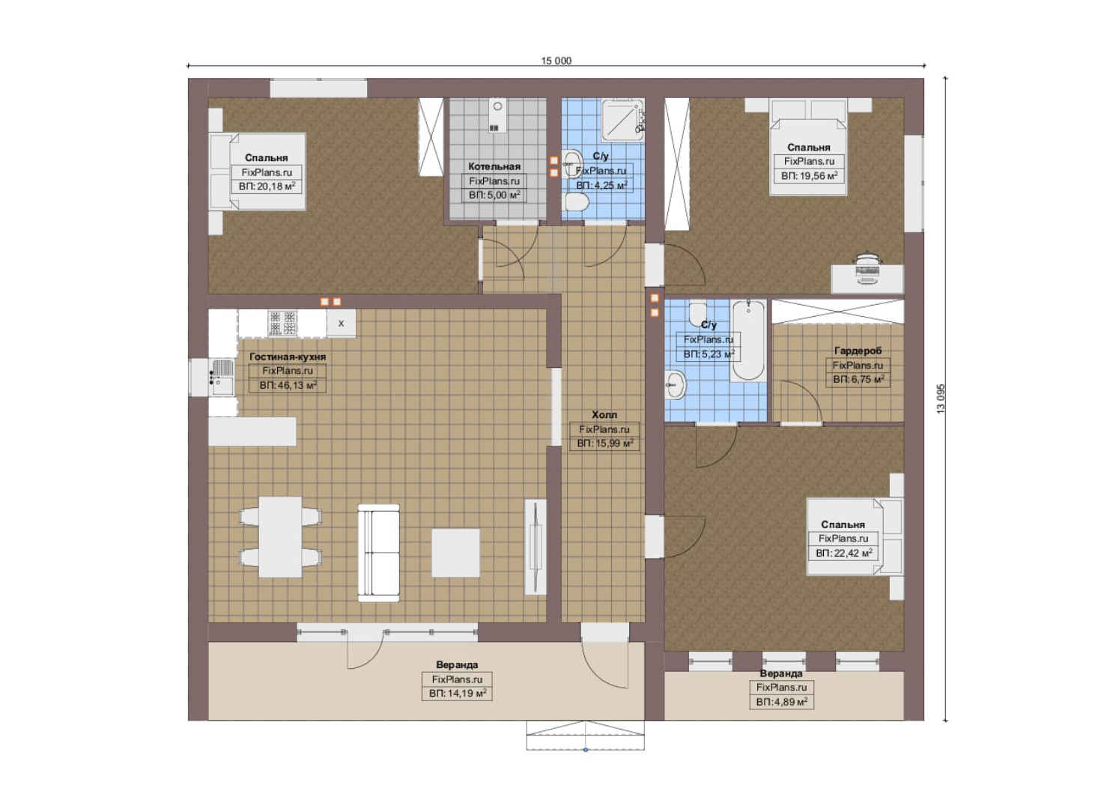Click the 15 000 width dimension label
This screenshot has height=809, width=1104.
click(556, 61)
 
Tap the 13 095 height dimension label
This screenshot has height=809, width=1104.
click(941, 399)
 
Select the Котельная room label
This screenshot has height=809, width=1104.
click(494, 166)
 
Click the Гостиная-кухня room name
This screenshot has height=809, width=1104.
click(288, 357)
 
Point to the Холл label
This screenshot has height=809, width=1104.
click(604, 414)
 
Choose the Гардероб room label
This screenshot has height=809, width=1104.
click(858, 351)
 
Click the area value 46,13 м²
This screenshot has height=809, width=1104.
click(288, 385)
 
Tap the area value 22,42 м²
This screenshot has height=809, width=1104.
click(843, 553)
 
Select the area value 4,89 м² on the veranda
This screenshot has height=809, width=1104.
click(781, 702)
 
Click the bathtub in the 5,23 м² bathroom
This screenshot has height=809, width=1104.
click(748, 340)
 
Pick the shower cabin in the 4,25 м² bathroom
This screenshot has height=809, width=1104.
click(622, 120)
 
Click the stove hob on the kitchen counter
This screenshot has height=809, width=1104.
click(282, 323)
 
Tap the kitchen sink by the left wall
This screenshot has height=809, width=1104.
click(222, 377)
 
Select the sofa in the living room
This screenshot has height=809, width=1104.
click(378, 553)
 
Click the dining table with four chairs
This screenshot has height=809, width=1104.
click(280, 537)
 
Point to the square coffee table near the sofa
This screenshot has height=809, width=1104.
click(456, 553)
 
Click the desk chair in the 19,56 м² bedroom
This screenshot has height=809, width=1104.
click(868, 268)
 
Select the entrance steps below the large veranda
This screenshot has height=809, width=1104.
click(585, 735)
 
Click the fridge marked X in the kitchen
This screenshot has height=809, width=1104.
click(341, 324)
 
